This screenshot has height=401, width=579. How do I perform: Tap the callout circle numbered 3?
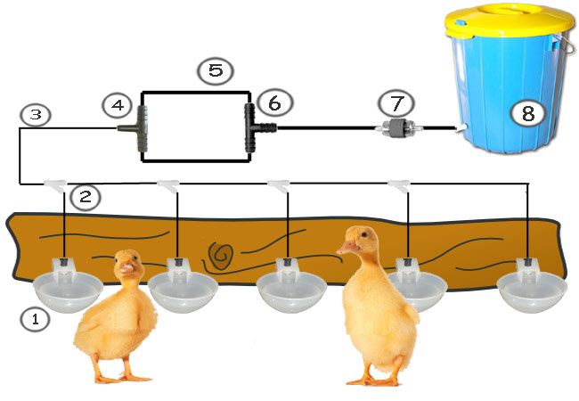click(34, 114)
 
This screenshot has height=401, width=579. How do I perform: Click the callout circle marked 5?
click(214, 71)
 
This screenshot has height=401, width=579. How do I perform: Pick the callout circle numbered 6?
click(273, 105)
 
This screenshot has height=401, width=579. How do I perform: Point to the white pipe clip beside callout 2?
click(56, 184)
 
